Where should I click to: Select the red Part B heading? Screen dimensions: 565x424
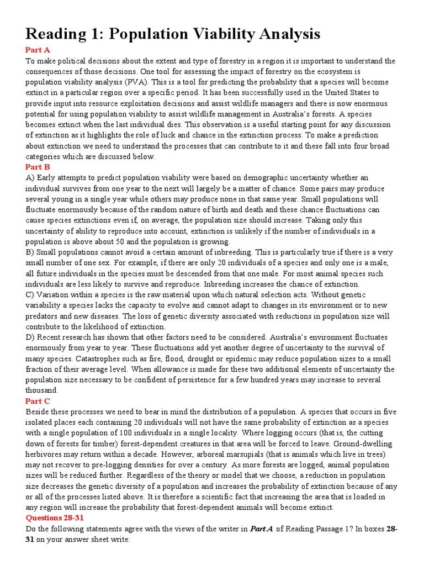(38, 167)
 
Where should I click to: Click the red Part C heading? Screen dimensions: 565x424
(38, 401)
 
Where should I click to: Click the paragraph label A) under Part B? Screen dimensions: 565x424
(30, 178)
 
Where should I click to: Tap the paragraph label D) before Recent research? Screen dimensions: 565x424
(31, 337)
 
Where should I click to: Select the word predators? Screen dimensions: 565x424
(45, 316)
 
